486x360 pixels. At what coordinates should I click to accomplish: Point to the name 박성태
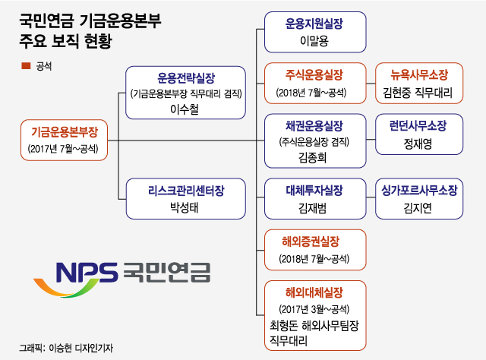[186, 206]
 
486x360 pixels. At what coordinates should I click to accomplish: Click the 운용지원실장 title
[314, 24]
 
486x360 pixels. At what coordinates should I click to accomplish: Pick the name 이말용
[314, 40]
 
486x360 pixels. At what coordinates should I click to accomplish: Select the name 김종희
[314, 157]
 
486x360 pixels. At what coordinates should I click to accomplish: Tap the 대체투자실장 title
[314, 189]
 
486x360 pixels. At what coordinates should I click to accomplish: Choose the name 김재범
[314, 207]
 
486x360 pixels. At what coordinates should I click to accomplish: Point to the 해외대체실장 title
[314, 292]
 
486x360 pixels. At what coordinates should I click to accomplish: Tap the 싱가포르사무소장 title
[419, 189]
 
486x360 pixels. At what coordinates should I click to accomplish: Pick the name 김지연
[419, 207]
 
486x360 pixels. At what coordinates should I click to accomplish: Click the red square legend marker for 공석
[24, 66]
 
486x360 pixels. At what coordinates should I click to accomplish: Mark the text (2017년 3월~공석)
[314, 308]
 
